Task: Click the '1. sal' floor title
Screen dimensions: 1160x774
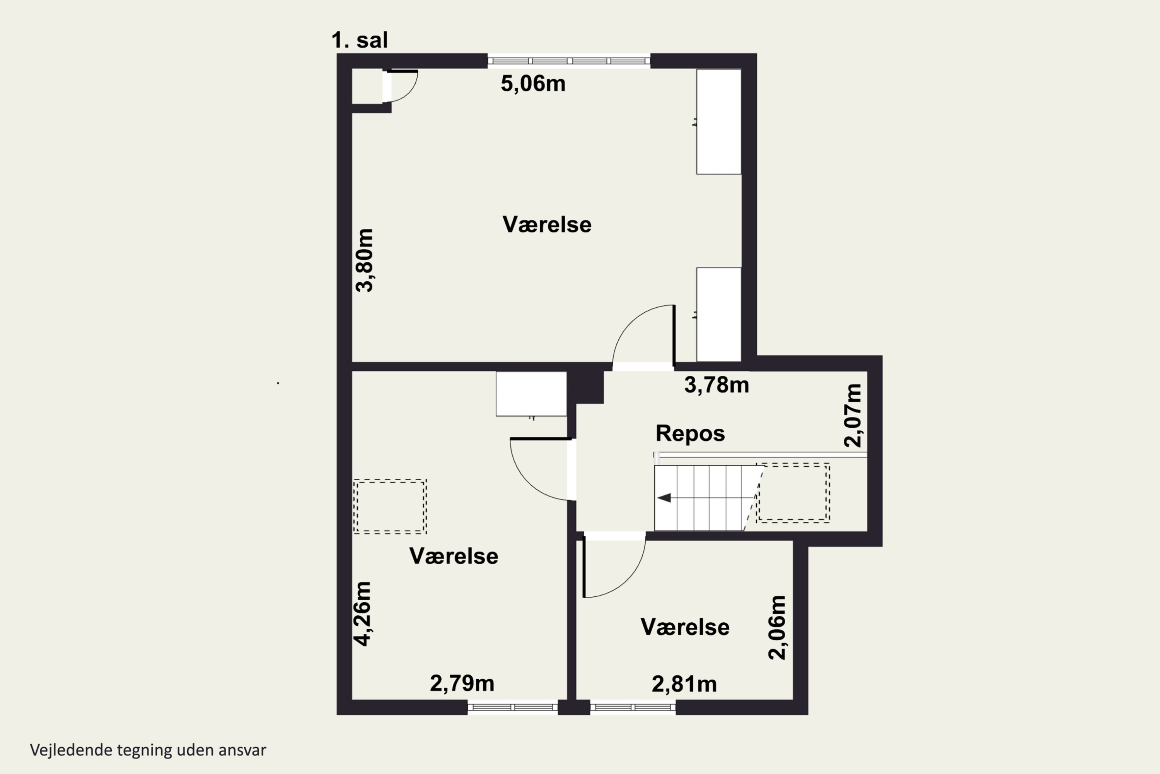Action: [360, 40]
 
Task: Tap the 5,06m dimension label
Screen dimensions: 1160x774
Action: [533, 84]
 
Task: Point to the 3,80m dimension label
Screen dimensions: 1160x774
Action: [365, 260]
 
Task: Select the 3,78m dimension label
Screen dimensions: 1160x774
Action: [716, 385]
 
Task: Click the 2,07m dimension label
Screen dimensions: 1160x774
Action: [853, 415]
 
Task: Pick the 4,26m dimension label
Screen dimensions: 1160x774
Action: [363, 613]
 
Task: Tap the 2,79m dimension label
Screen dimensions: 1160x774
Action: [462, 683]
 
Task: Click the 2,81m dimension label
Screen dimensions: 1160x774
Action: [684, 684]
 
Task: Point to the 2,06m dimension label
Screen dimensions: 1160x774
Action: [777, 627]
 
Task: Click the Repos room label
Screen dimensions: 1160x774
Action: [690, 433]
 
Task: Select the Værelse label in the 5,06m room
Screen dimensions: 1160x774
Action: [547, 224]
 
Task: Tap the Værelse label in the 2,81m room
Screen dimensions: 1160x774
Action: [685, 627]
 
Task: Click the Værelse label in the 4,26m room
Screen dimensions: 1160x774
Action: [454, 556]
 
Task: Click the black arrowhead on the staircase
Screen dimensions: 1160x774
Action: [664, 498]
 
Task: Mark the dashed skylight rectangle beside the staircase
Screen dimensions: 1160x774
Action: [793, 493]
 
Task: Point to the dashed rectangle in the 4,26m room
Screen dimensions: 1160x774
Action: [390, 507]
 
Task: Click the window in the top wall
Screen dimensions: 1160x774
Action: [569, 61]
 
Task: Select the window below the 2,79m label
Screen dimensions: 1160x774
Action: [512, 707]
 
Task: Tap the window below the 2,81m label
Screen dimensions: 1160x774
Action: [633, 707]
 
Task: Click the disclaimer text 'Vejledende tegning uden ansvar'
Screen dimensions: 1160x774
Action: [148, 750]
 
